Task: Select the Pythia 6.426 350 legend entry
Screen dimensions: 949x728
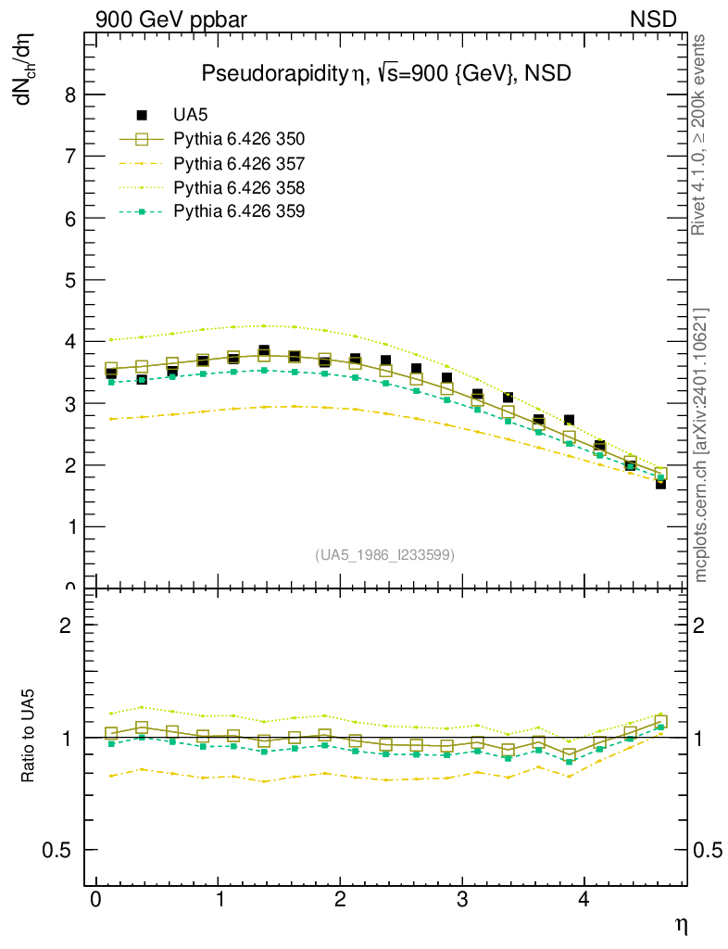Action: [239, 139]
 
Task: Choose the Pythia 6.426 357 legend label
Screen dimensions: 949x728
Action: [239, 163]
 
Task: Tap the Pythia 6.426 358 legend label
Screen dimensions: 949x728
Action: [239, 187]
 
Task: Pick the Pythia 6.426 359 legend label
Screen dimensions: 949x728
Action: [239, 211]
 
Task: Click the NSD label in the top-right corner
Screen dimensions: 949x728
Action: [654, 19]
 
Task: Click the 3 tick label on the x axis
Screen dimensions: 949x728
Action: [462, 901]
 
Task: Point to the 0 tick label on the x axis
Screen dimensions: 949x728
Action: [95, 901]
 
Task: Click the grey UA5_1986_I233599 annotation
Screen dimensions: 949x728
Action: [384, 555]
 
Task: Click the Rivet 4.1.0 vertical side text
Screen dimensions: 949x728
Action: [700, 134]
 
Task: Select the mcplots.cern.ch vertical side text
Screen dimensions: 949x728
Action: [700, 445]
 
